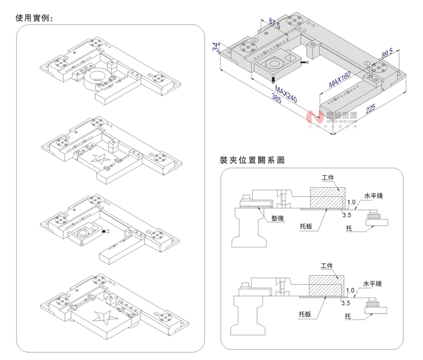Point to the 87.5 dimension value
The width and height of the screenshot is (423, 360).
click(274, 23)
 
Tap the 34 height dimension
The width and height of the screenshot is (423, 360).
click(216, 47)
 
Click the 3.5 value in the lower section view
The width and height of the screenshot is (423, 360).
click(346, 304)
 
